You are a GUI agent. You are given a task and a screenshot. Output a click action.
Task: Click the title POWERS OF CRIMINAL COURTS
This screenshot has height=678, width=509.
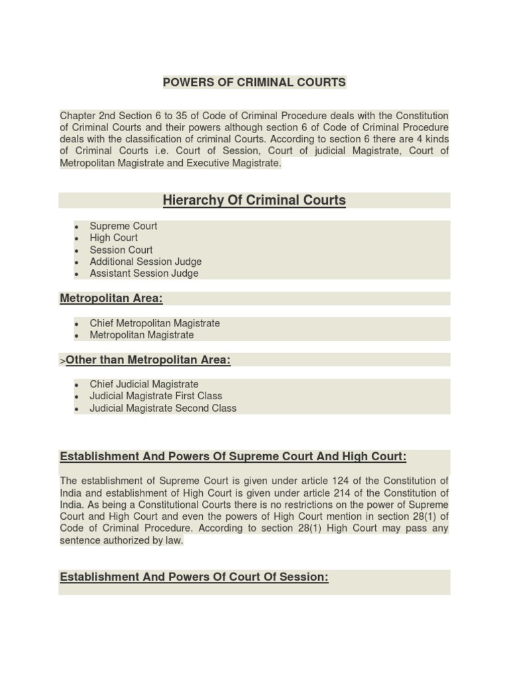tap(254, 83)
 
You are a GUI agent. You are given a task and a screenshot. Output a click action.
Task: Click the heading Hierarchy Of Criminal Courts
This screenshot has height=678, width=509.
tap(254, 200)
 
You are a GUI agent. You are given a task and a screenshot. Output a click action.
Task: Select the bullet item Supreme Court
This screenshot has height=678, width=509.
tap(123, 226)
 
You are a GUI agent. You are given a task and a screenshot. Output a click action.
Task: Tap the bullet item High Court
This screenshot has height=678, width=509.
tap(114, 238)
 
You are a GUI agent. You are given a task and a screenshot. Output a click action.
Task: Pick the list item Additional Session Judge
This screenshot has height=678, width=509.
tap(146, 262)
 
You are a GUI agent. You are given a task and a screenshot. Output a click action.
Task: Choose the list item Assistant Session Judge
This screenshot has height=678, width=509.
tap(144, 273)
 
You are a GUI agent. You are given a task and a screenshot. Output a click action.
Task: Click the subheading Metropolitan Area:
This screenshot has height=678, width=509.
tap(111, 299)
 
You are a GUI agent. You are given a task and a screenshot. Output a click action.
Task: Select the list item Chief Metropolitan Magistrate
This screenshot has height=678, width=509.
tap(155, 323)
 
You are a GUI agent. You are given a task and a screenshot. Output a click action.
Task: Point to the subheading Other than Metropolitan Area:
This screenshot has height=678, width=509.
tap(148, 360)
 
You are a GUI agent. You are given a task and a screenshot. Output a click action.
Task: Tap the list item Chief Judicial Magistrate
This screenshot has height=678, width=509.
tap(144, 384)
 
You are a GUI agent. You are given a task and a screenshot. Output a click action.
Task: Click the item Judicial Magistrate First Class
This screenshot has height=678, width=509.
tap(156, 396)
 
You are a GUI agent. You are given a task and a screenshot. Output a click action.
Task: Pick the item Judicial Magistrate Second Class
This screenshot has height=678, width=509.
tap(163, 408)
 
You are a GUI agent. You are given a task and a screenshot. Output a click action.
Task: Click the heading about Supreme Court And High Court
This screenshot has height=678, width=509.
tap(233, 457)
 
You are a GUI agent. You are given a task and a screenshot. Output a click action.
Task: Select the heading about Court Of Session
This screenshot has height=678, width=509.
tap(194, 577)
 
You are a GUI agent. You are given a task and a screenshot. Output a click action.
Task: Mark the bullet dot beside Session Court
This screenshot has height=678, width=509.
tap(77, 251)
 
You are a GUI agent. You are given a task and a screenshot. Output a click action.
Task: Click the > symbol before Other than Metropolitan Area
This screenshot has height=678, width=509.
tap(62, 361)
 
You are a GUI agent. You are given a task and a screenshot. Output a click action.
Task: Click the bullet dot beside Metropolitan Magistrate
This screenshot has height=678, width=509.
tap(77, 336)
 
